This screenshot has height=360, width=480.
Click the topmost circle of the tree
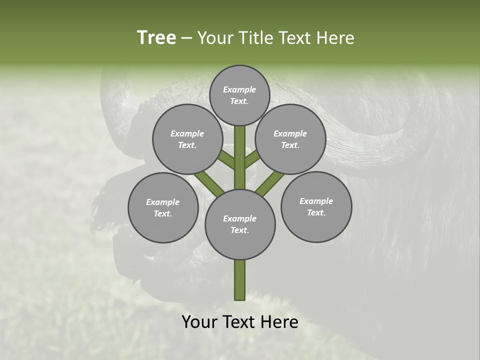pos(239,95)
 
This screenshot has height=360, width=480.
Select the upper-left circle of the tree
pos(187,139)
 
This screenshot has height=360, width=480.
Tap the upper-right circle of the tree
pos(290,139)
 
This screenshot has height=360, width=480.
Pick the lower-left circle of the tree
pos(163,207)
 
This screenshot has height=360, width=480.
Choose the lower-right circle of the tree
pos(316,206)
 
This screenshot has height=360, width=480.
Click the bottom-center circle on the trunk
pos(240,224)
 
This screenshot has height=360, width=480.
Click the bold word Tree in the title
pos(156,38)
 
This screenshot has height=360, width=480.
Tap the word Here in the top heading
pos(338,38)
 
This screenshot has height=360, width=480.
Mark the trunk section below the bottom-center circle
pos(240,280)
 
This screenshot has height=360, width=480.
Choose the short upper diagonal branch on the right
pos(251,159)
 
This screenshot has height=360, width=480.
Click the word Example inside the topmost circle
pos(239,89)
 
